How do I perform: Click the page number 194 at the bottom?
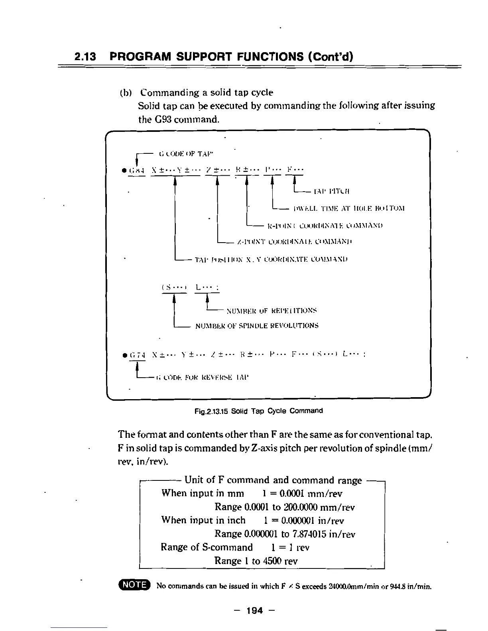click(x=255, y=610)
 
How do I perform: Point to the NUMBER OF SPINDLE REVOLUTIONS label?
click(x=257, y=325)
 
